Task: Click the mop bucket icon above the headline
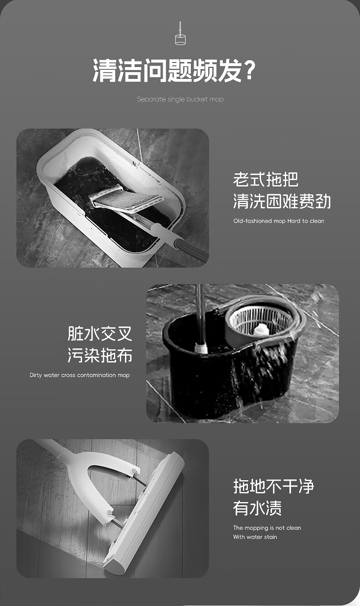click(180, 34)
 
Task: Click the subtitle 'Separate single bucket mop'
click(180, 99)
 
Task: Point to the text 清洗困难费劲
click(282, 201)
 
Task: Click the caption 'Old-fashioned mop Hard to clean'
click(278, 221)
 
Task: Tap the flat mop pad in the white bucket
click(127, 198)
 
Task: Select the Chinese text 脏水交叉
click(100, 333)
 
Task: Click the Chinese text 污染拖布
click(100, 355)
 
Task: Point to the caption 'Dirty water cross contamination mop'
click(79, 375)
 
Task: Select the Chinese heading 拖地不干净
click(273, 486)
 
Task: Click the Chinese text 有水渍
click(257, 508)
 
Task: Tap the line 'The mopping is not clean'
click(267, 528)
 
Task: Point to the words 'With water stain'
click(255, 537)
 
